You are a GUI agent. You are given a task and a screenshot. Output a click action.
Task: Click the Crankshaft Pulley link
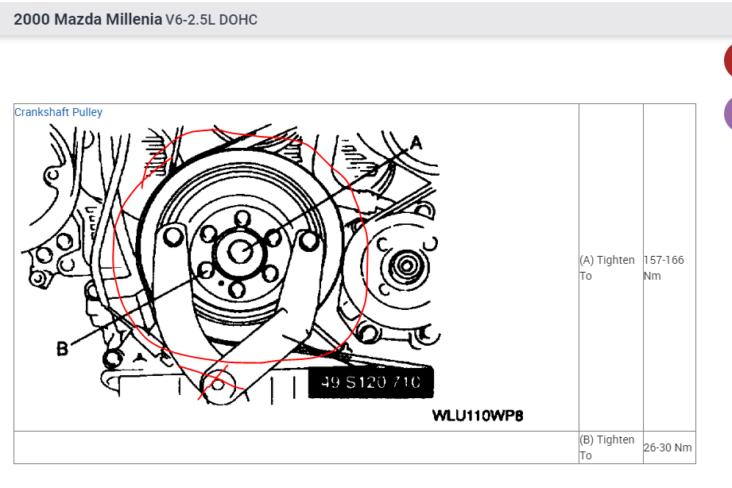pos(58,112)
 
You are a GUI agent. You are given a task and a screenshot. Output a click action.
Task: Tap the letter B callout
pos(62,348)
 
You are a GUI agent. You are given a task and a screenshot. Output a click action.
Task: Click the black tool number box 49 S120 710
pos(371,383)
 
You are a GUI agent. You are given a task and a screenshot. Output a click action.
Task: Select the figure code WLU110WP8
pos(478,416)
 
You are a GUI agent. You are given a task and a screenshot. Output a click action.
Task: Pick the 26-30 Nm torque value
pos(668,447)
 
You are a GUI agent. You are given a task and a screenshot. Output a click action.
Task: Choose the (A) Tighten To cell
pos(608,268)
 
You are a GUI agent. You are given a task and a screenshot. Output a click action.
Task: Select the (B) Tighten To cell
pos(608,447)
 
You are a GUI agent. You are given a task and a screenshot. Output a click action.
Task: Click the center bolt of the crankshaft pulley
pos(240,251)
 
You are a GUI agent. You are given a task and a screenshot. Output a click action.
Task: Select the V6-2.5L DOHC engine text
pos(211,19)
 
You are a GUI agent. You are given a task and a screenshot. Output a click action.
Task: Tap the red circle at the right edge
pos(728,61)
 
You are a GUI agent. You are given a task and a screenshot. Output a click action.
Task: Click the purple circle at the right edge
pos(728,113)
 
